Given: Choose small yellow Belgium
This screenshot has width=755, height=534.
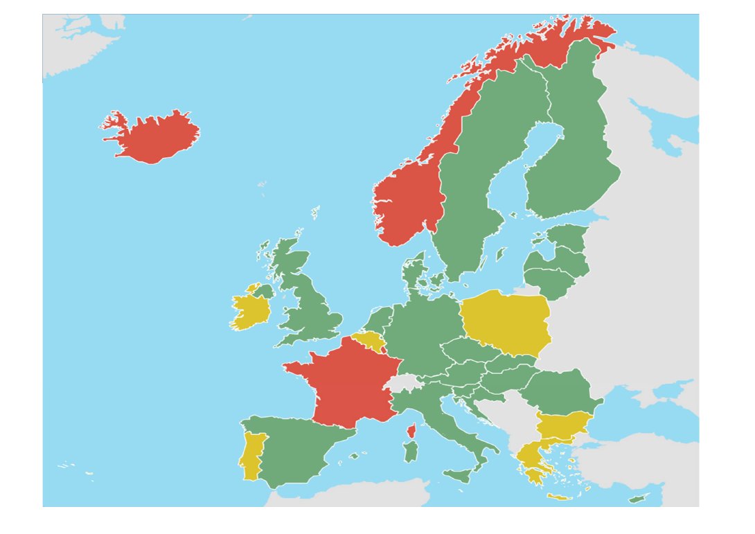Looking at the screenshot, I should [369, 340].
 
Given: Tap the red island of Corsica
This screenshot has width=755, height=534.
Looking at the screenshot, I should [410, 431].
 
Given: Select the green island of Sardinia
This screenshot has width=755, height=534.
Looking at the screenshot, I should [411, 453].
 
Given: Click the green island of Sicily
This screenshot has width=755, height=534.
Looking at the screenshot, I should [458, 476].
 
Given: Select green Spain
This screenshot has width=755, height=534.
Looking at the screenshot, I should [298, 450].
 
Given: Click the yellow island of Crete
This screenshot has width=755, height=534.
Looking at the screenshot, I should [558, 497].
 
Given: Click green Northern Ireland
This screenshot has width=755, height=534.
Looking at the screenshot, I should [264, 291].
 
